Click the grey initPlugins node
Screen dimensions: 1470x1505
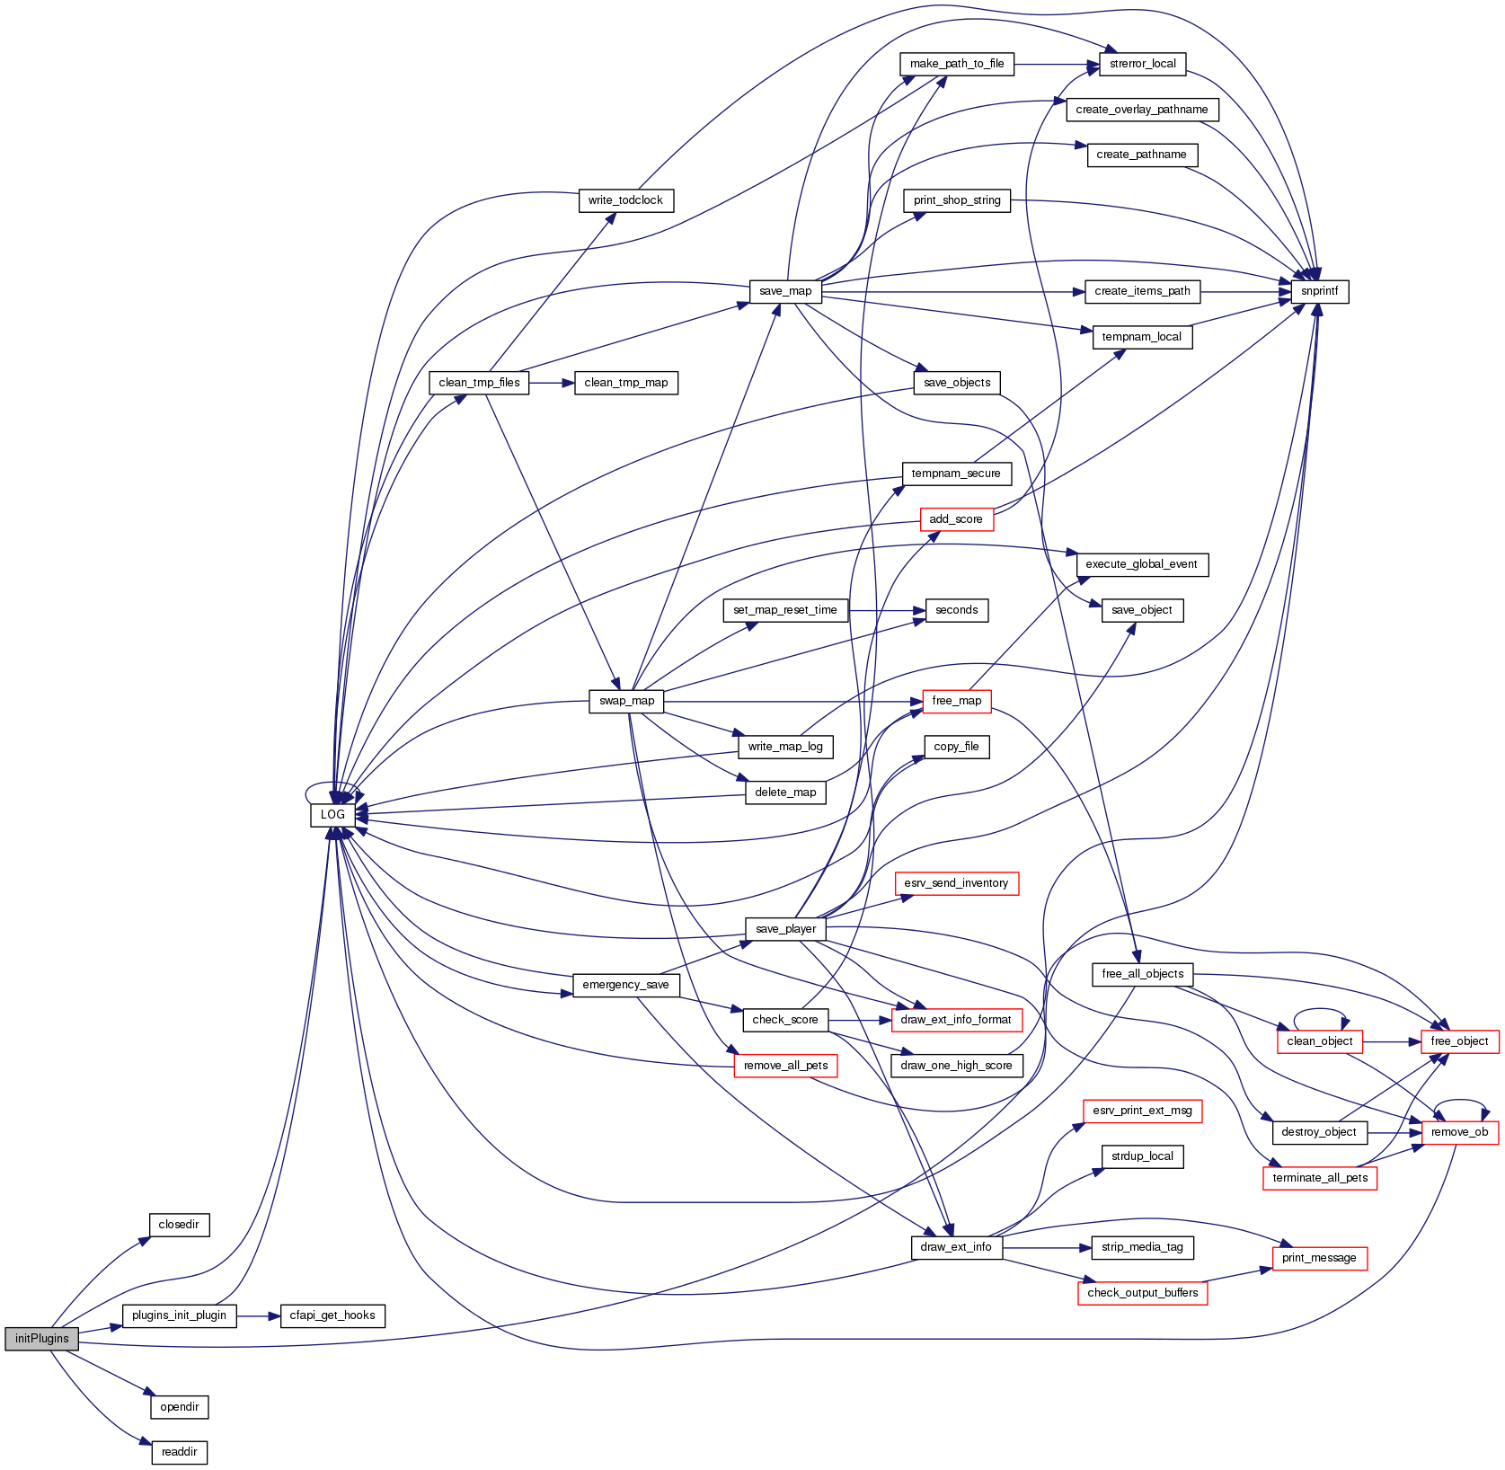tap(41, 1338)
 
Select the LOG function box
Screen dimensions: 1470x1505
tap(332, 814)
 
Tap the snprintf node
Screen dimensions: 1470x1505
tap(1319, 291)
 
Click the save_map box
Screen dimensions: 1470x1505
tap(784, 291)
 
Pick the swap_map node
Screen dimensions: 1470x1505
tap(626, 701)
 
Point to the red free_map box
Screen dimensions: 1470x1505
tap(956, 701)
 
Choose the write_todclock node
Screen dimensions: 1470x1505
tap(625, 200)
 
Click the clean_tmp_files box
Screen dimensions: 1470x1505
tap(479, 383)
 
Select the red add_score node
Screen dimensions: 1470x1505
tap(956, 519)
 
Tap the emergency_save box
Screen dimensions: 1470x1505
tap(625, 985)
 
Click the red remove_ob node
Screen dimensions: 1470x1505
tap(1459, 1132)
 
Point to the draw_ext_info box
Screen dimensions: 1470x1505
tap(956, 1247)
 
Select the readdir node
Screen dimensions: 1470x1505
tap(179, 1452)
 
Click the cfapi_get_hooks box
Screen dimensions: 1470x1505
tap(332, 1315)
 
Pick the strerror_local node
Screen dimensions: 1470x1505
tap(1142, 64)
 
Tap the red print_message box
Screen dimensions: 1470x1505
tap(1319, 1258)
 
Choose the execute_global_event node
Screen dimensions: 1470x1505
tap(1141, 564)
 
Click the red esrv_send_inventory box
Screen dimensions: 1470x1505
tap(956, 883)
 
